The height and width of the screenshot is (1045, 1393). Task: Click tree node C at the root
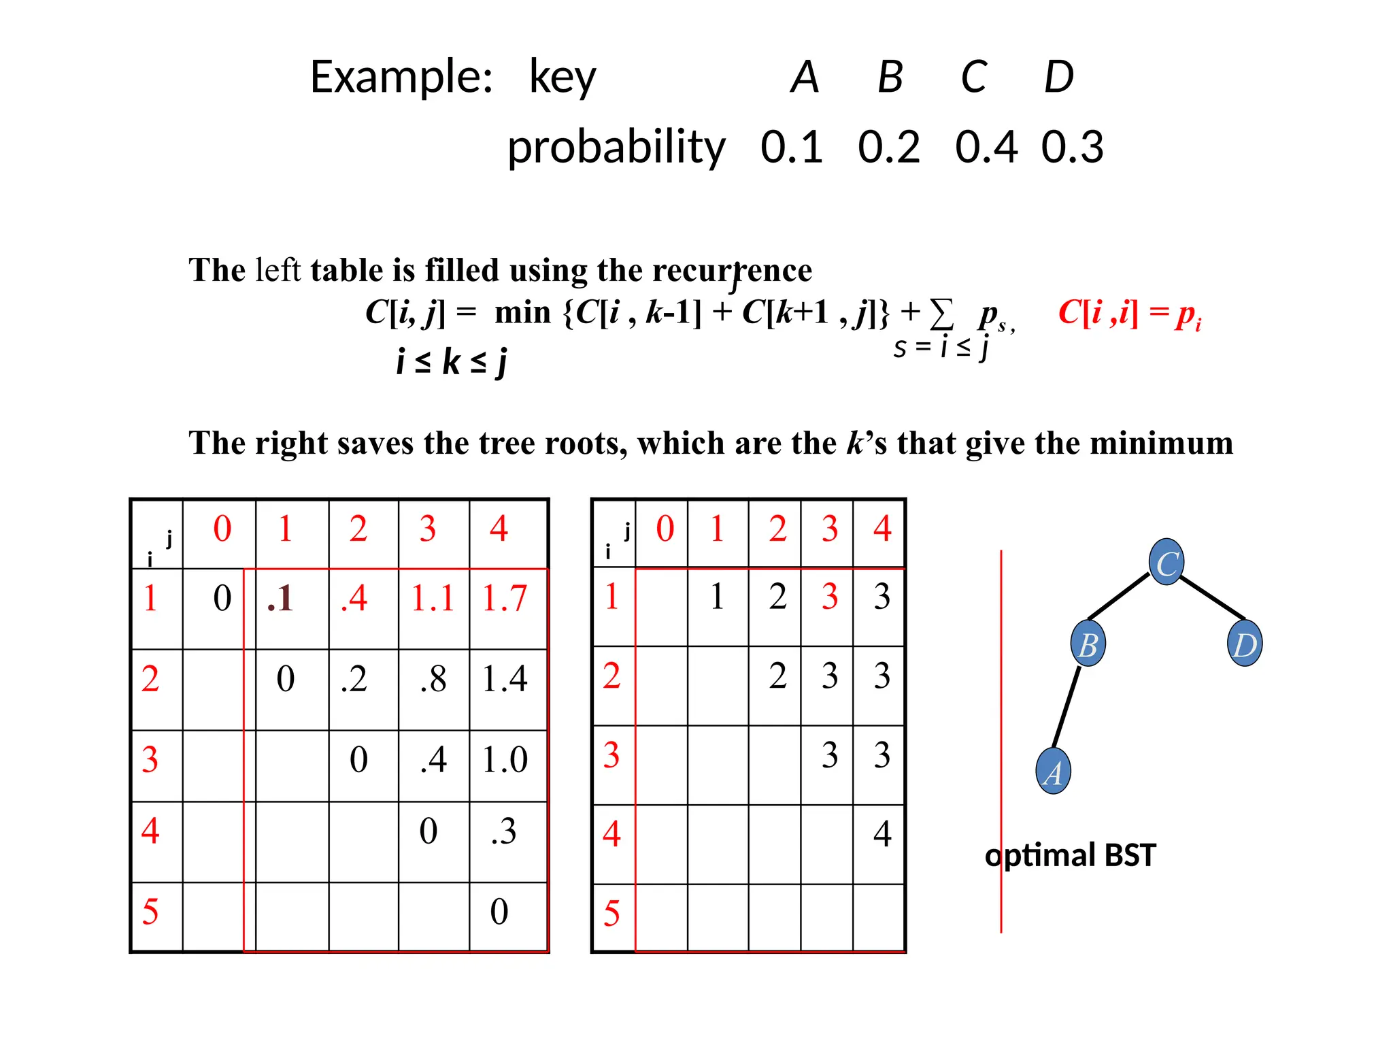click(1167, 563)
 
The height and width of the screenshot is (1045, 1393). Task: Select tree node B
click(1088, 644)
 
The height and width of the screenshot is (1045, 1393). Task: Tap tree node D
click(1245, 644)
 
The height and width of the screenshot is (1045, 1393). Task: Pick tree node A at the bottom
click(1053, 772)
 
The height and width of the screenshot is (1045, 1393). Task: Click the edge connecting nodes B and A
click(1067, 708)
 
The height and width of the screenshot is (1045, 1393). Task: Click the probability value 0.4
click(986, 147)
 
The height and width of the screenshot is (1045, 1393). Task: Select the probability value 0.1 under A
click(792, 147)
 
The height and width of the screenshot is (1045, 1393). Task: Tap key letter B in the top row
click(890, 77)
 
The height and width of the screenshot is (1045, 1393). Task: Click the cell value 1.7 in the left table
click(505, 599)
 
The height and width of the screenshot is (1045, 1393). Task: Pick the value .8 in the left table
click(433, 679)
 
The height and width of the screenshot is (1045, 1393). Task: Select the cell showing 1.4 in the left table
click(505, 679)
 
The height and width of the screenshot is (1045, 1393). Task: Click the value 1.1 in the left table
click(433, 599)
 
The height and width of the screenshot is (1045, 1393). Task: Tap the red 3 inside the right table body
click(829, 597)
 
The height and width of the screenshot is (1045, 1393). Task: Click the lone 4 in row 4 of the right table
click(882, 833)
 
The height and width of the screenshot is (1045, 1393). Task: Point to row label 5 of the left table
click(150, 912)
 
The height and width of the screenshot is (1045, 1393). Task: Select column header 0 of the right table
click(665, 529)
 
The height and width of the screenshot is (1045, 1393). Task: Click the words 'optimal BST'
click(1071, 855)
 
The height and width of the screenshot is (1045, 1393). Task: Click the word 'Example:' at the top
click(401, 77)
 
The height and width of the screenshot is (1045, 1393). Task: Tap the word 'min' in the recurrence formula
click(522, 313)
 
